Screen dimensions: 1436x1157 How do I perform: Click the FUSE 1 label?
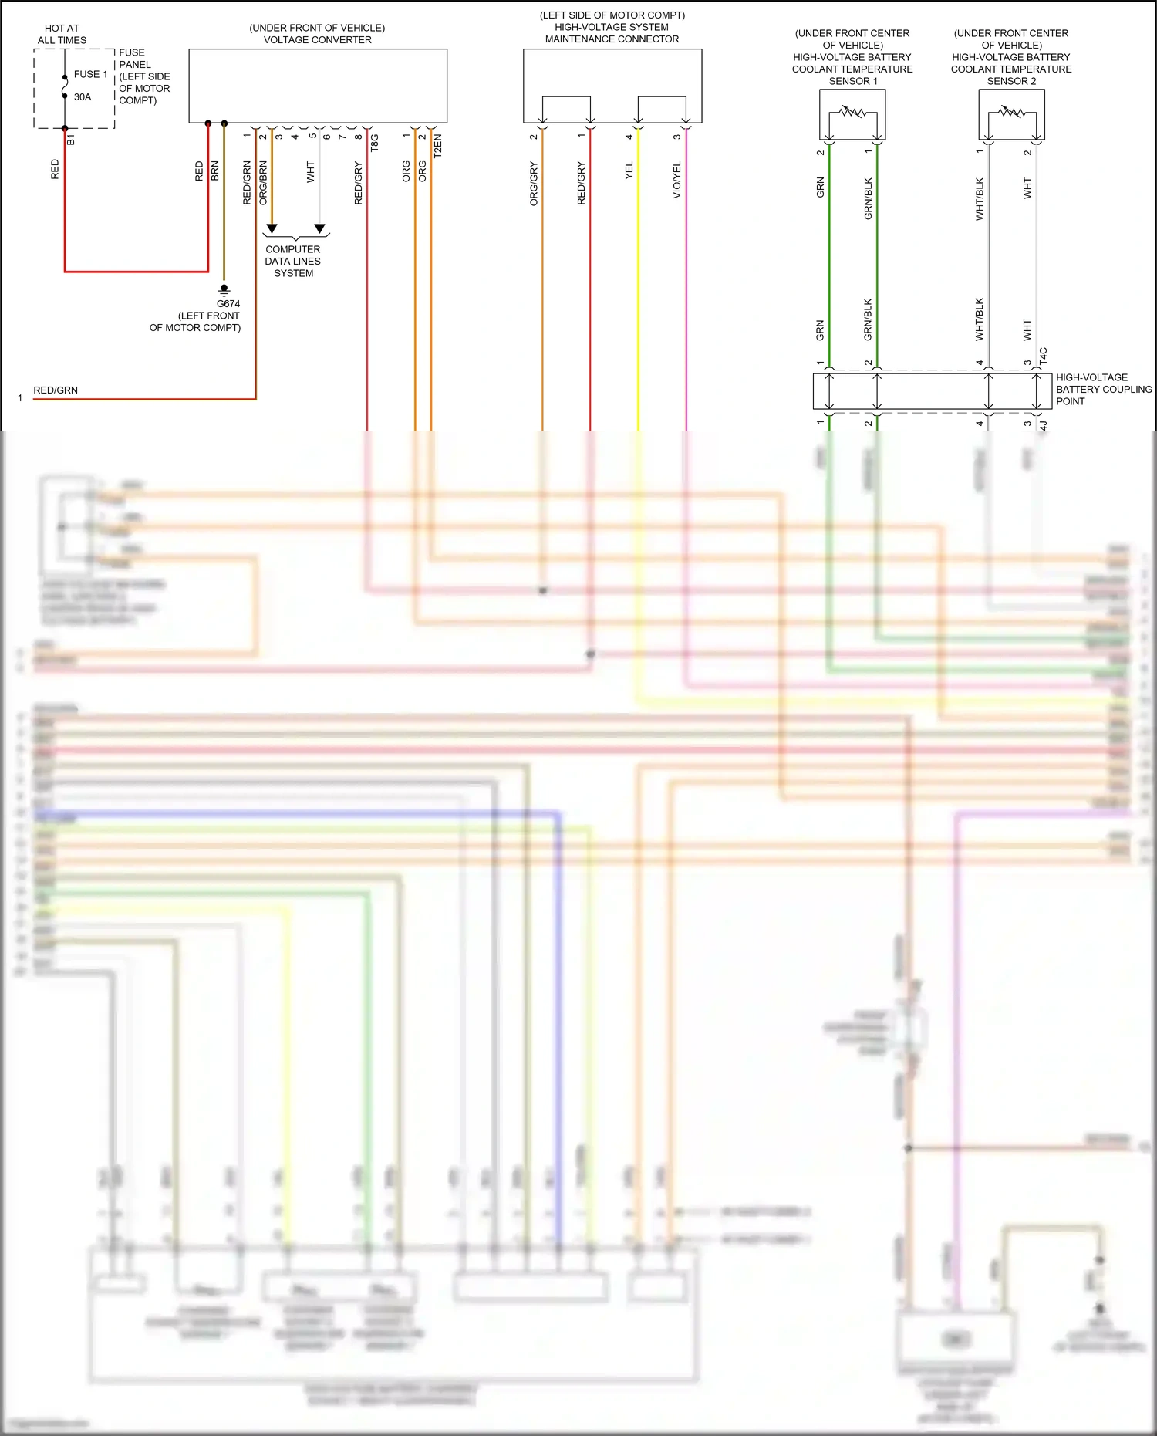coord(90,74)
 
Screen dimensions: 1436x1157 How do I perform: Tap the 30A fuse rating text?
coord(83,97)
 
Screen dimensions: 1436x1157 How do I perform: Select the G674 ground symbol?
coord(224,290)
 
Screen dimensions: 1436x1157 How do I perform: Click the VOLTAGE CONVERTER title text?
coord(317,40)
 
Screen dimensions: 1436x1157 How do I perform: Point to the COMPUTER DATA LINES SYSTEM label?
coord(293,261)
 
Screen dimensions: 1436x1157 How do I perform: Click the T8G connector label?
coord(375,143)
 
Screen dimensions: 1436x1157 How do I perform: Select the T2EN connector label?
coord(438,145)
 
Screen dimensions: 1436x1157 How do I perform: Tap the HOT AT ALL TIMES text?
coord(62,34)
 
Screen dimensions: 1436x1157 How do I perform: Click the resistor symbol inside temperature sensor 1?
coord(852,113)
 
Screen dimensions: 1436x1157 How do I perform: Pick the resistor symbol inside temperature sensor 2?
coord(1011,113)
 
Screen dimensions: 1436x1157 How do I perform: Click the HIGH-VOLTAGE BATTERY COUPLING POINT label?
coord(1103,389)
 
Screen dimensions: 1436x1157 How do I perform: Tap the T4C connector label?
coord(1043,356)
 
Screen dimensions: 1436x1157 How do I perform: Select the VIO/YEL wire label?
coord(677,180)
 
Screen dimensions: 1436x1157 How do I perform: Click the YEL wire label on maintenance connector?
coord(629,171)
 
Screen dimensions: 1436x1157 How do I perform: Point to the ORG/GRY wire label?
coord(534,184)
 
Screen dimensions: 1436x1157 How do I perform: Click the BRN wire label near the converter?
coord(215,171)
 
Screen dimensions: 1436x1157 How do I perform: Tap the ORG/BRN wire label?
coord(263,183)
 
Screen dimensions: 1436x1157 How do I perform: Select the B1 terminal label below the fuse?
coord(71,140)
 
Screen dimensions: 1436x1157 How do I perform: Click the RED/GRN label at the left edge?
coord(56,390)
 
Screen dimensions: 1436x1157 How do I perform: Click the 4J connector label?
coord(1043,425)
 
